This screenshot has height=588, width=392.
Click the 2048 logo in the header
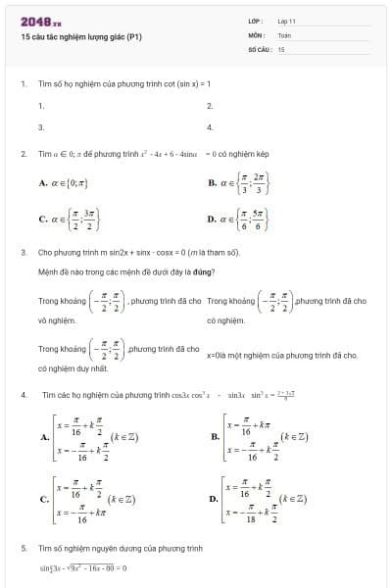coord(40,21)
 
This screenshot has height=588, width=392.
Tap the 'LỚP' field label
coord(256,21)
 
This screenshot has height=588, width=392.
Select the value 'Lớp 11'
coord(286,21)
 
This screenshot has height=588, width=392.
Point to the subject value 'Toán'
coord(284,34)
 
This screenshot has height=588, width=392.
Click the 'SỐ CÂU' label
coord(259,48)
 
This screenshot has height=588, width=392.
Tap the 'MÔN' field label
coord(257,34)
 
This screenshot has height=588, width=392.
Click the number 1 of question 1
coord(23,83)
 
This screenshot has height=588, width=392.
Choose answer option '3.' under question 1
coord(41,126)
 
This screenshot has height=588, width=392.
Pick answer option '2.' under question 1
coord(210,105)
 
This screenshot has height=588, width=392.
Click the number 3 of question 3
coord(23,252)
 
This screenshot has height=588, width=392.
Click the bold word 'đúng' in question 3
coord(201,270)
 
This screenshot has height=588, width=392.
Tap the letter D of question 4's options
coord(213,499)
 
